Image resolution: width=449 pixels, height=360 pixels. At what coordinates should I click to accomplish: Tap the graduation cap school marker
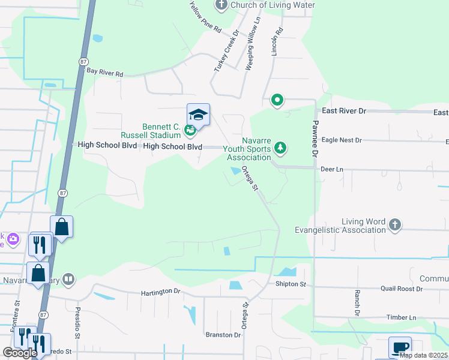click(199, 114)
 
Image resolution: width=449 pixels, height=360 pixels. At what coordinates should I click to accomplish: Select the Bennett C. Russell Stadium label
click(163, 131)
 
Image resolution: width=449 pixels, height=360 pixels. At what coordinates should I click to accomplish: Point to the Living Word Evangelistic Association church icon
click(394, 225)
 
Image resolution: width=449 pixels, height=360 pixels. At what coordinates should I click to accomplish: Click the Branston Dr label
click(223, 335)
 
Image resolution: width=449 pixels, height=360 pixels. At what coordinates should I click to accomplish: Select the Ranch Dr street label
click(357, 303)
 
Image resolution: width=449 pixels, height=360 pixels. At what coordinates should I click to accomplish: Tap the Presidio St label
click(78, 320)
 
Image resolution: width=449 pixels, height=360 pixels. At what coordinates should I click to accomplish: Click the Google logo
click(19, 353)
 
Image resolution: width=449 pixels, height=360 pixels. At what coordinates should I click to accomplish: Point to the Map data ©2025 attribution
click(423, 355)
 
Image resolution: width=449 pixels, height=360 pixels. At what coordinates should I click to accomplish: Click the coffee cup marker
click(400, 347)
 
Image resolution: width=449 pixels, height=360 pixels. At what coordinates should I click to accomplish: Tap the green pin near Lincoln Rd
click(277, 100)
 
